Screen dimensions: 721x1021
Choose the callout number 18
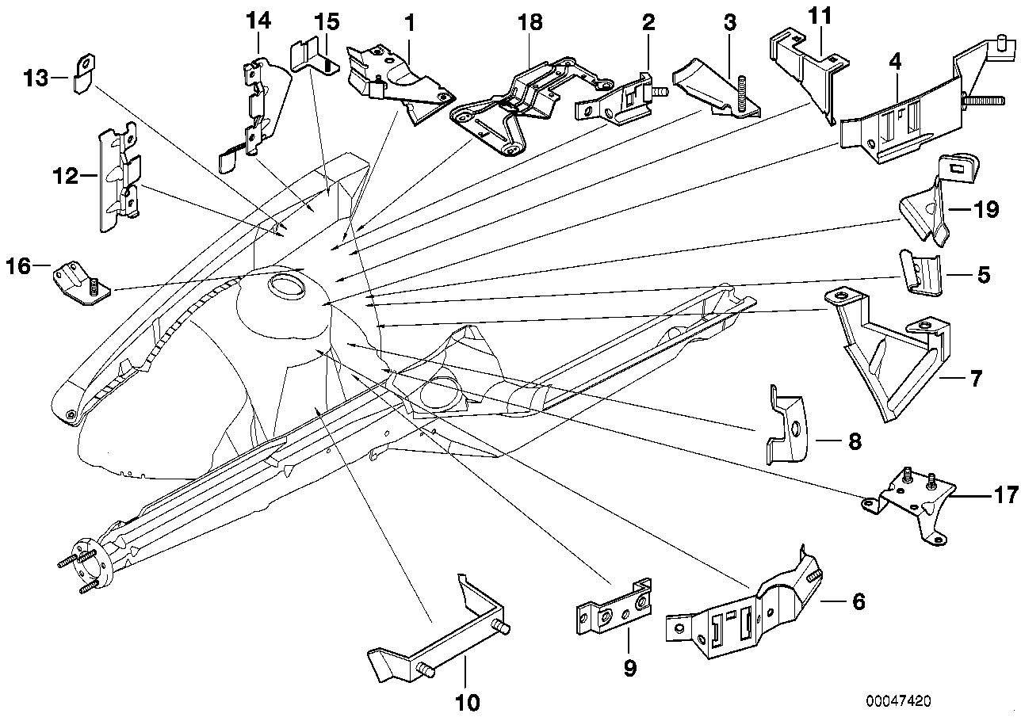(530, 22)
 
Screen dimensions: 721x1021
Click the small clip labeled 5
(921, 273)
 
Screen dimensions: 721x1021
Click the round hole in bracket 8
(795, 429)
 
